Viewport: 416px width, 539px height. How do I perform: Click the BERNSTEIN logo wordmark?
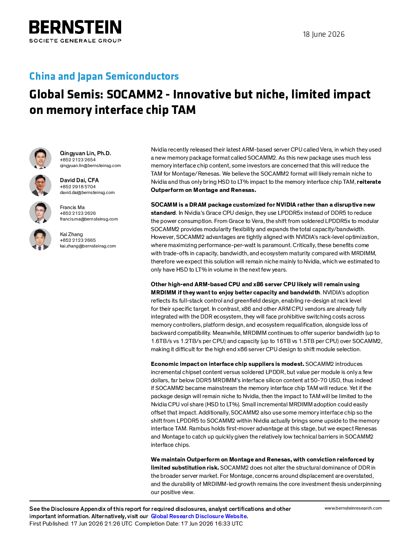[x=75, y=27]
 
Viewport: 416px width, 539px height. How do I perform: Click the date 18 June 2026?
[x=323, y=34]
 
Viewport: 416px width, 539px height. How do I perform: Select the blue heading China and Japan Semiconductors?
[x=104, y=76]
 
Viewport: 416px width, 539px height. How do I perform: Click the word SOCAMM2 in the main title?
[x=135, y=94]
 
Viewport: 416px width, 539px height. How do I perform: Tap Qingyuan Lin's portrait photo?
[x=40, y=158]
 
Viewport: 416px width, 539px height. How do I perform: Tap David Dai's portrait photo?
[x=40, y=185]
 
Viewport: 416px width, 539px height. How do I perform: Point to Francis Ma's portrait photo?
[x=40, y=212]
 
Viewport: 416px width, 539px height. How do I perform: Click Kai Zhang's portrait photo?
[x=40, y=239]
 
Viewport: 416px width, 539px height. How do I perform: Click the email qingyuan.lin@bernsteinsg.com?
[x=90, y=166]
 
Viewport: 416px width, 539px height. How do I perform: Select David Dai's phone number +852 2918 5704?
[x=78, y=187]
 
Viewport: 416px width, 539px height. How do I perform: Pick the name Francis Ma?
[x=72, y=207]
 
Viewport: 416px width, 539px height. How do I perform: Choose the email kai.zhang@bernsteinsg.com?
[x=88, y=246]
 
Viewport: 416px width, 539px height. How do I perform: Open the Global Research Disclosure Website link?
[x=199, y=516]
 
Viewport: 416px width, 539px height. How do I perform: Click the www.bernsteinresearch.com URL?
[x=353, y=508]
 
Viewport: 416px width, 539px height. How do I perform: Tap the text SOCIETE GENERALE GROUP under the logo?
[x=75, y=41]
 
